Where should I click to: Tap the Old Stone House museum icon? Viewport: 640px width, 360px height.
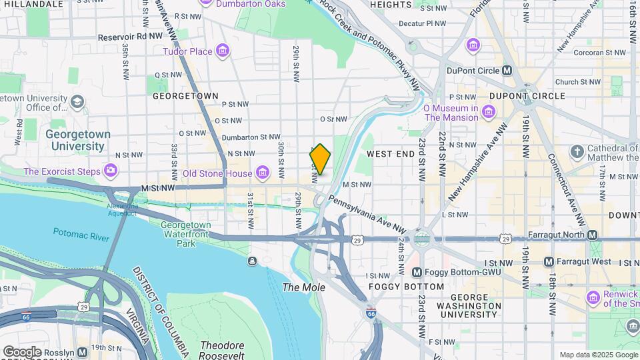[263, 174]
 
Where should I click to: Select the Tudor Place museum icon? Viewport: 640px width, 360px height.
[223, 51]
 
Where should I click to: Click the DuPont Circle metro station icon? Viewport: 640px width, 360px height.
[507, 70]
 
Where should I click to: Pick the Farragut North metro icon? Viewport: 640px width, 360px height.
[593, 235]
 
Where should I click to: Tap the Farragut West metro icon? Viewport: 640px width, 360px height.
[549, 261]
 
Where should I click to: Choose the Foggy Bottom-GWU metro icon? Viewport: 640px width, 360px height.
[417, 272]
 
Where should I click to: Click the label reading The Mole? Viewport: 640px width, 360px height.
[304, 287]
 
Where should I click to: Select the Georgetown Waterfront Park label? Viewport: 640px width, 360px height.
[186, 234]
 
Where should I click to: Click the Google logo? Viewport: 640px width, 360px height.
[21, 351]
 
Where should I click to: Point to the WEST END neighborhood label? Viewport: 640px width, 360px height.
[391, 154]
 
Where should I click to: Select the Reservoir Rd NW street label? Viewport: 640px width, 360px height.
[130, 37]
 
